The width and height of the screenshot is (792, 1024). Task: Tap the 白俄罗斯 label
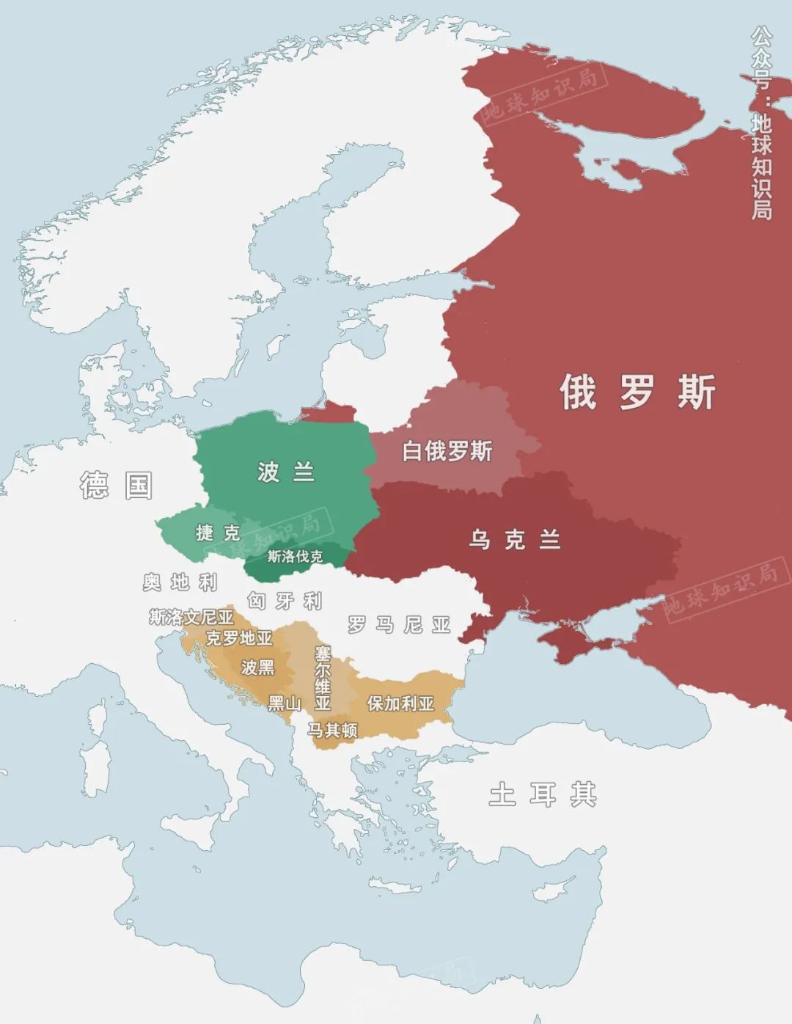447,451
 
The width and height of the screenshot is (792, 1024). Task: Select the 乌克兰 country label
515,540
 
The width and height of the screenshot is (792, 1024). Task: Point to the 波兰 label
286,472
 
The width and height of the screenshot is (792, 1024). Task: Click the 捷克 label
218,533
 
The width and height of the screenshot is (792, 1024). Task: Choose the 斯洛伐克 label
295,557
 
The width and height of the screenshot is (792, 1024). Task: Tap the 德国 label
117,486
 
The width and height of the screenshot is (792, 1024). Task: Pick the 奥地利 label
180,582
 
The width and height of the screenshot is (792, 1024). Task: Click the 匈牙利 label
285,601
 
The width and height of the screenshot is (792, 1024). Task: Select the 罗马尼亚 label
399,625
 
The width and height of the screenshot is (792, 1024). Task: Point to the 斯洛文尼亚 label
191,618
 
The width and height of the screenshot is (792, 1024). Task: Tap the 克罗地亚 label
239,638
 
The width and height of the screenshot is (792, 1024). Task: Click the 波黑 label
257,667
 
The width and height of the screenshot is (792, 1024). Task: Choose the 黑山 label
285,703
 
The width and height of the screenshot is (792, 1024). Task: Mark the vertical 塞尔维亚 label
323,678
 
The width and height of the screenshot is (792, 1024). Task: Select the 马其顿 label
332,730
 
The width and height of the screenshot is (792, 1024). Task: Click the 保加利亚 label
400,703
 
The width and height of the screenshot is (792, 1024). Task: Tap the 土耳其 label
543,794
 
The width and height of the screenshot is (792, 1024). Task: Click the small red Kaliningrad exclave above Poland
328,413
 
